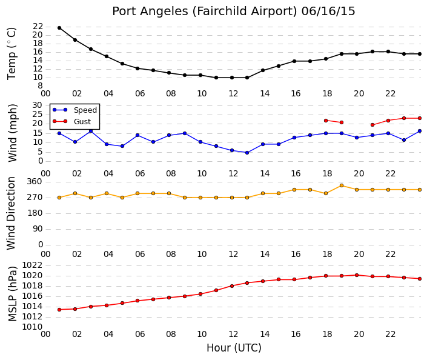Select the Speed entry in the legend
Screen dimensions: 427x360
pos(74,110)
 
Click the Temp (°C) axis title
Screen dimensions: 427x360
pos(12,54)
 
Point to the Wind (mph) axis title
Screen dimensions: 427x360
pos(12,133)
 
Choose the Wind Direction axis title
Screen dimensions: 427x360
pos(11,213)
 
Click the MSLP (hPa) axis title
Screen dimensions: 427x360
pos(12,294)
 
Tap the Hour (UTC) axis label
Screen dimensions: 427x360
pos(234,348)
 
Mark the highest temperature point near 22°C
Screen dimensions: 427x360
pos(59,28)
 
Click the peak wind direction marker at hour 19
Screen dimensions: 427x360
pos(342,185)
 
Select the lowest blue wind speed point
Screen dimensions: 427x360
pos(247,153)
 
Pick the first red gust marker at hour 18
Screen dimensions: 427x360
pos(326,121)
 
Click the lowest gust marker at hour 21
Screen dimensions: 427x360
pos(372,125)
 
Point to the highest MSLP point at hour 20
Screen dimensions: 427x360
pos(357,275)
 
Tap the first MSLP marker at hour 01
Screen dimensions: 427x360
pos(59,310)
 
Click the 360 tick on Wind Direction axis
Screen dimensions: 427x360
pos(35,182)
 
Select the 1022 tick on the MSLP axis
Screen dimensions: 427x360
pos(32,265)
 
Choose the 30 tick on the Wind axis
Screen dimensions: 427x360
pos(38,105)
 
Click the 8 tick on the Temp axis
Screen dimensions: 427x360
pos(40,86)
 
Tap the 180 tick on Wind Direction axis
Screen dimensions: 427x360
pos(35,213)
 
